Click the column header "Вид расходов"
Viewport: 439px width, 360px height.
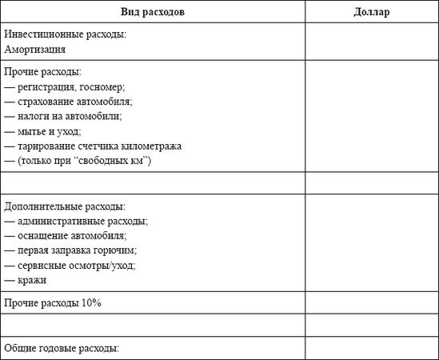pyautogui.click(x=153, y=12)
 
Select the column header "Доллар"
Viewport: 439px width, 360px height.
pyautogui.click(x=371, y=12)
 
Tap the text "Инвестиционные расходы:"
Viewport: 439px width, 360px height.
pyautogui.click(x=66, y=35)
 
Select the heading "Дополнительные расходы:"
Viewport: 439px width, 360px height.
pyautogui.click(x=65, y=206)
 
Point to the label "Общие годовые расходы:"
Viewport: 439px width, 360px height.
pyautogui.click(x=62, y=349)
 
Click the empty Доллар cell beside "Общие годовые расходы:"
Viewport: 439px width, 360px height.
pyautogui.click(x=371, y=349)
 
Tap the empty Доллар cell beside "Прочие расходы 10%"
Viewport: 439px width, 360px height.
pyautogui.click(x=371, y=303)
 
